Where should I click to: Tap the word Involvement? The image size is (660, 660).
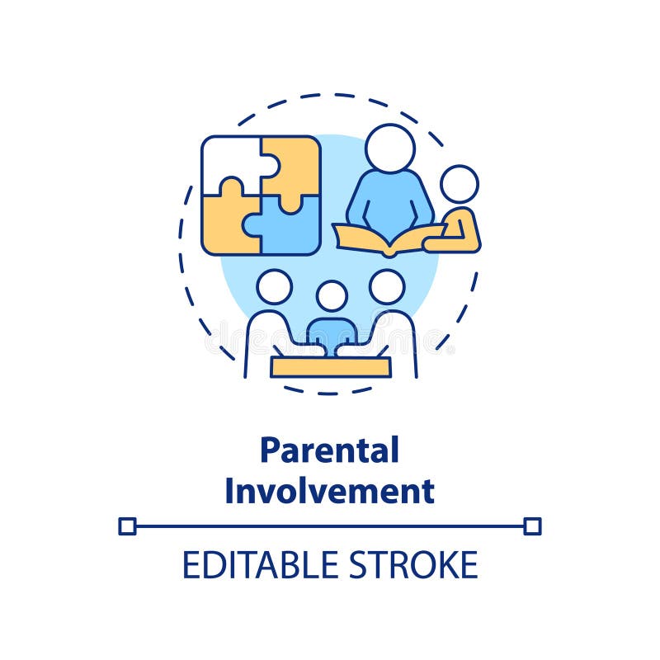coord(329,491)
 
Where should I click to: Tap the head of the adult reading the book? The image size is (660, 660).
coord(389,148)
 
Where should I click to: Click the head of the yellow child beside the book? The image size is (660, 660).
coord(459,184)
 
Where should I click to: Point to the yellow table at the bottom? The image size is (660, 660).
coord(330,366)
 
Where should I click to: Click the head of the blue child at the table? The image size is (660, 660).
coord(332,296)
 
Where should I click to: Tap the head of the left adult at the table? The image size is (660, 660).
coord(274,286)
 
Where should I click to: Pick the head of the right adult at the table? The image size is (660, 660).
coord(387,286)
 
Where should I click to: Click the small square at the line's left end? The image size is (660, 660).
coord(127,526)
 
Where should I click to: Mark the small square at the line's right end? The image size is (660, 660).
coord(532,526)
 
